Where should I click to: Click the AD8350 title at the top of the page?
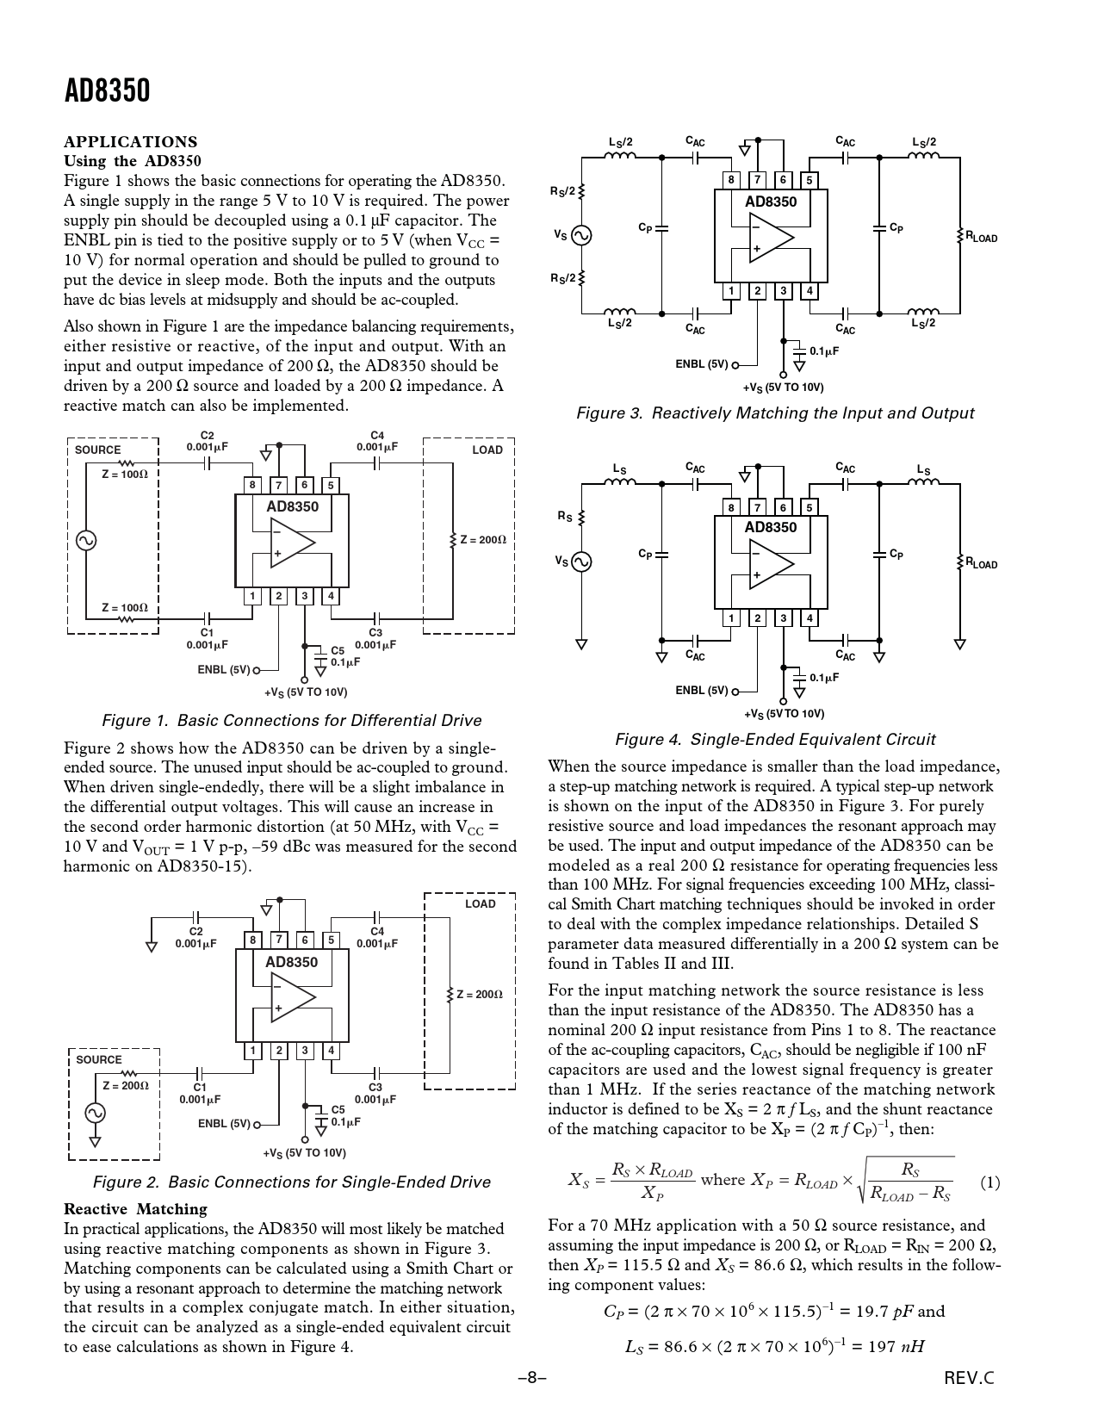pyautogui.click(x=107, y=90)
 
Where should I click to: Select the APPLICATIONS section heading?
pyautogui.click(x=130, y=142)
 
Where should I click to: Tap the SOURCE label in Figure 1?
pyautogui.click(x=98, y=450)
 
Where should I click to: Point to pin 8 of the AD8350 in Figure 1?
pyautogui.click(x=252, y=485)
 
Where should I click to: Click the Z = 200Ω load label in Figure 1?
pyautogui.click(x=482, y=540)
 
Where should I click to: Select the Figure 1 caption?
pyautogui.click(x=291, y=720)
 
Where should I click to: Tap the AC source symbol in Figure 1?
pyautogui.click(x=86, y=540)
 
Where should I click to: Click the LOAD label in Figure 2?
pyautogui.click(x=480, y=903)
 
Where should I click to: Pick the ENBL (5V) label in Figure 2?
pyautogui.click(x=224, y=1123)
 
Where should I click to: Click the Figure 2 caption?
pyautogui.click(x=291, y=1182)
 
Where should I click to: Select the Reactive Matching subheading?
pyautogui.click(x=135, y=1209)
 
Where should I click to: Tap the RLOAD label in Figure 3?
pyautogui.click(x=981, y=237)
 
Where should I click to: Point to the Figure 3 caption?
pyautogui.click(x=774, y=413)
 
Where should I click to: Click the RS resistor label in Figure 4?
pyautogui.click(x=565, y=517)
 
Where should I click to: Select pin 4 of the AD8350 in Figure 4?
pyautogui.click(x=810, y=617)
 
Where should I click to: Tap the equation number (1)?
pyautogui.click(x=989, y=1182)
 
